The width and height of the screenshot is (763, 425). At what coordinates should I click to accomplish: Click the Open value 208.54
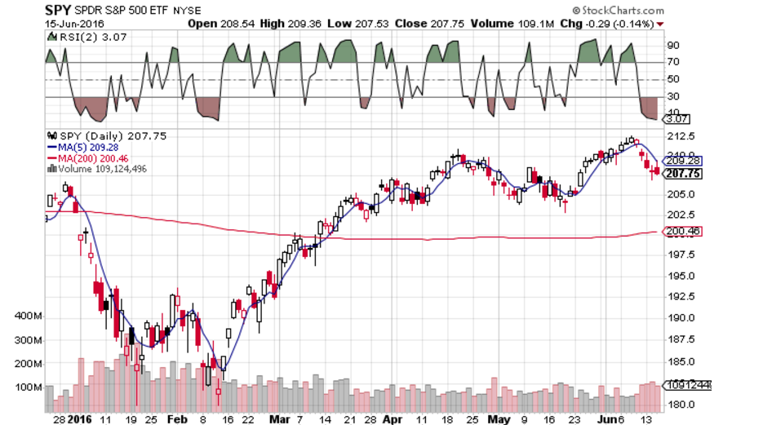(x=233, y=24)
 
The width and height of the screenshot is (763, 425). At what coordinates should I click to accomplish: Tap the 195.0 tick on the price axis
(x=680, y=275)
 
